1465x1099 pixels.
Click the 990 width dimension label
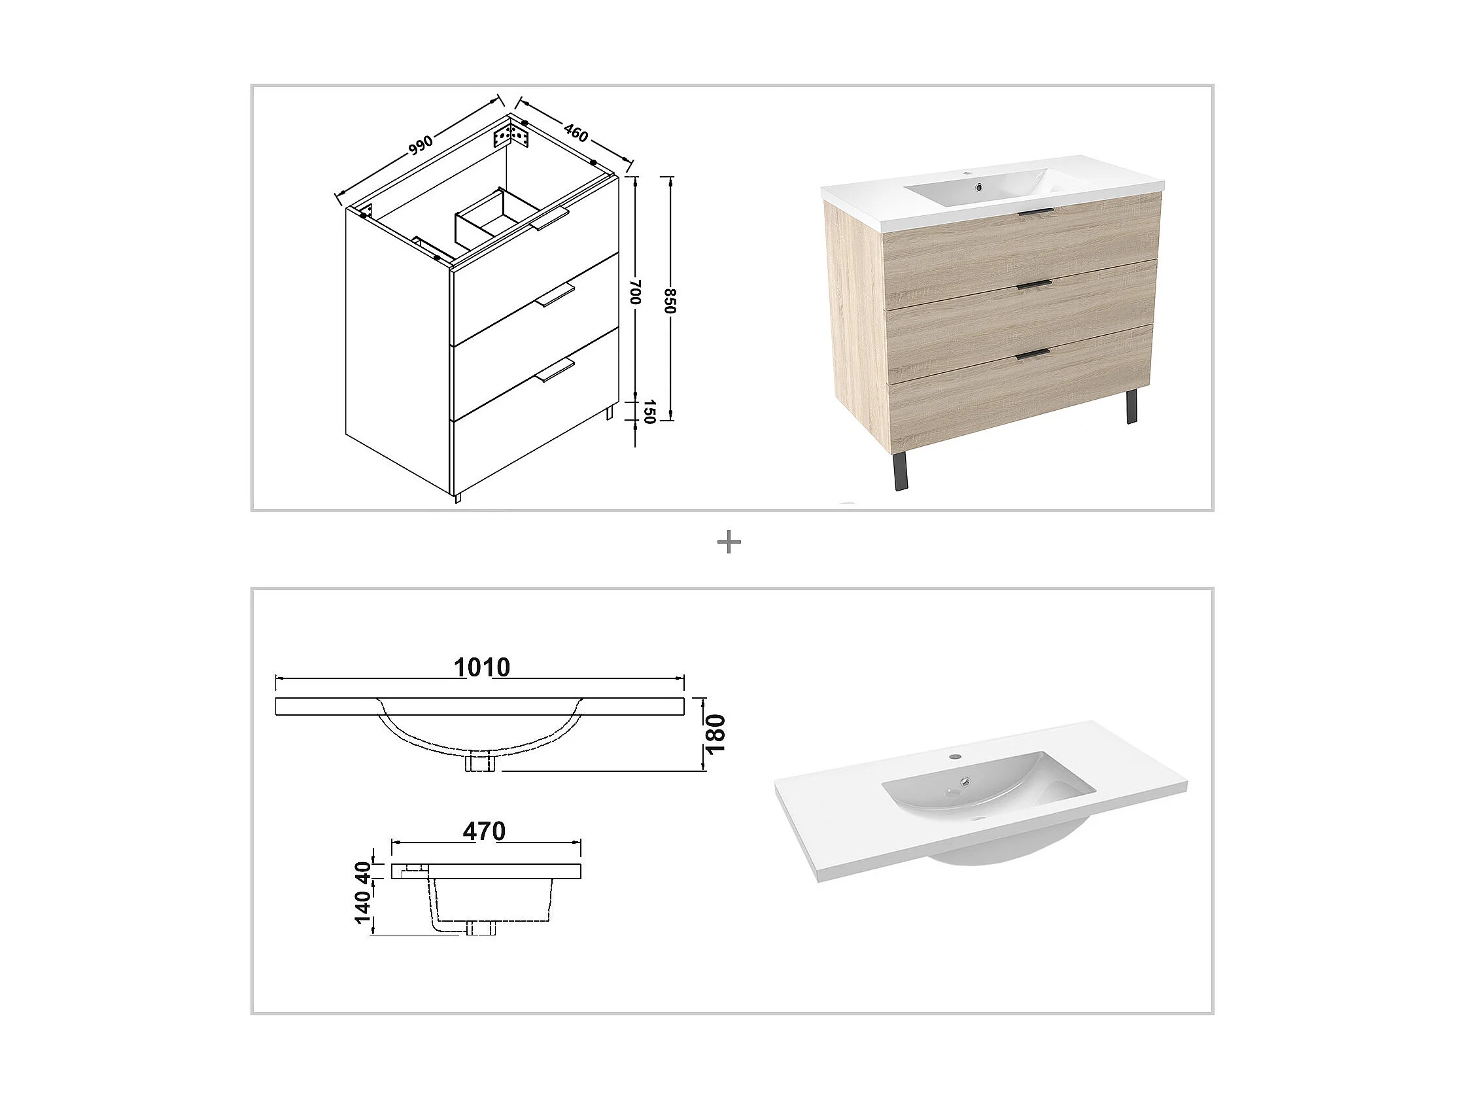point(421,145)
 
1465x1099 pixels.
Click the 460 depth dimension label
point(576,133)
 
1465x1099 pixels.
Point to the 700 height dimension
point(634,292)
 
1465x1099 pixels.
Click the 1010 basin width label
point(481,668)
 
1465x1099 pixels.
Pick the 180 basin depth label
point(715,733)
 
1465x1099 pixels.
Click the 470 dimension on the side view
point(484,831)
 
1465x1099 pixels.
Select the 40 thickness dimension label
point(364,871)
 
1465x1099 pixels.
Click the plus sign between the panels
point(729,543)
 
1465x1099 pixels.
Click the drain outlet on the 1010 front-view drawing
point(481,763)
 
